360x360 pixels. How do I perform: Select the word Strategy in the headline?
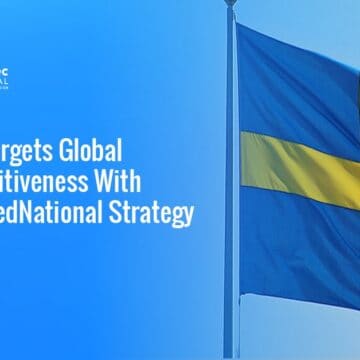pos(158,213)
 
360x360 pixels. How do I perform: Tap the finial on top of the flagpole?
pos(231,4)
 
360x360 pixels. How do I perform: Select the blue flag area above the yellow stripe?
pos(300,90)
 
